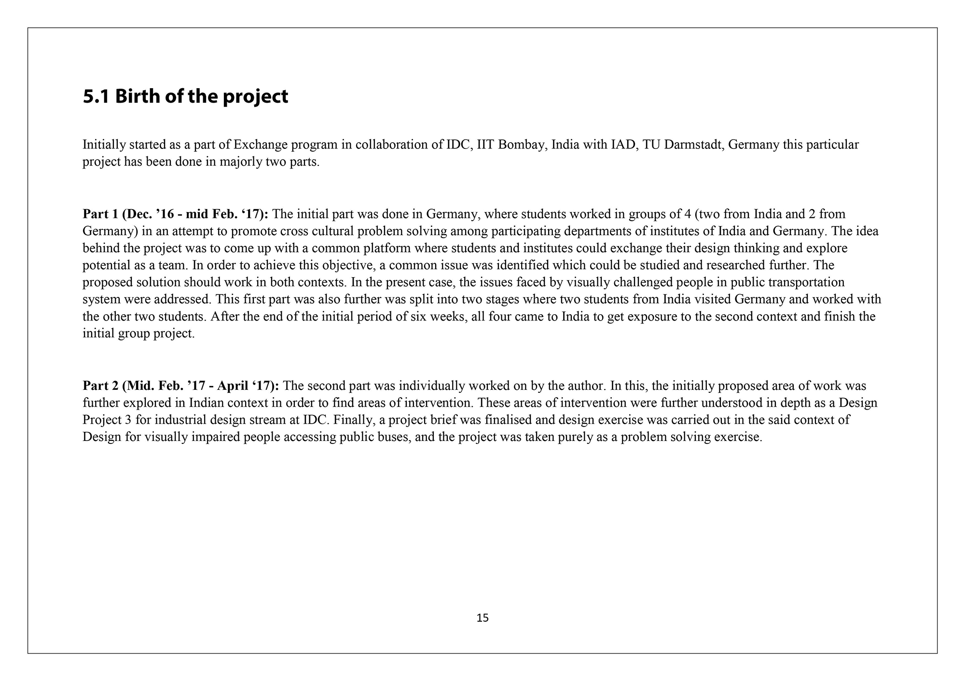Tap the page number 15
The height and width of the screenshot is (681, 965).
click(x=482, y=618)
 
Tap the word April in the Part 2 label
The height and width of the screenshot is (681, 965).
click(x=234, y=386)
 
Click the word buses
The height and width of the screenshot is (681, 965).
click(x=394, y=438)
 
